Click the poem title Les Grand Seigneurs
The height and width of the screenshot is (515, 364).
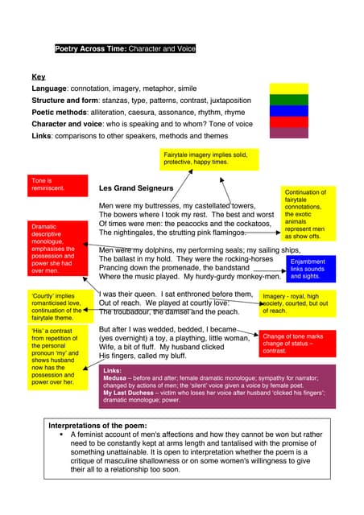point(136,188)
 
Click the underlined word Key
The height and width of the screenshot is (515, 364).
point(38,78)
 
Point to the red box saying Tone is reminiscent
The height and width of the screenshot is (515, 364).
point(57,184)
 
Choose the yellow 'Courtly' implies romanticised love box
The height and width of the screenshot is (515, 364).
point(57,307)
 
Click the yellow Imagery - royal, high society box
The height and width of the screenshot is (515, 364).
point(296,303)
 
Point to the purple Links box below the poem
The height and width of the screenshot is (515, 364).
point(217,386)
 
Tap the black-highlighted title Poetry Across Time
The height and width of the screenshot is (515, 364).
point(125,49)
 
